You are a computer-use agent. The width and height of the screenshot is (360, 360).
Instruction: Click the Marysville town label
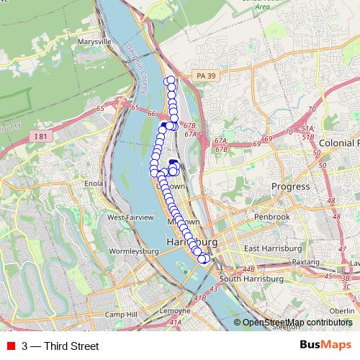coord(94,42)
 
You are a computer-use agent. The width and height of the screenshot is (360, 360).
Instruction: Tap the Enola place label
coord(94,184)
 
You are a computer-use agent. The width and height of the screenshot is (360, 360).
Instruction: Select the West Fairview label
coord(130,217)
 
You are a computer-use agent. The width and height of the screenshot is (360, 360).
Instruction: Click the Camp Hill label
coord(120,315)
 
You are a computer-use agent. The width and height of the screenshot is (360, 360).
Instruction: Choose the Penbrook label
coord(273,217)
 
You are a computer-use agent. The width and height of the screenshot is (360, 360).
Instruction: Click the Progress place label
coord(290,186)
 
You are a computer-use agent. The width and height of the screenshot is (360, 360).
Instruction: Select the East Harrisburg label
coord(271,248)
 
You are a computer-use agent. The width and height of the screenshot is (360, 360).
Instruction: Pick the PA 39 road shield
coord(205,76)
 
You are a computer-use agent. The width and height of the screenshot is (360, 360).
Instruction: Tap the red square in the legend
coord(11,346)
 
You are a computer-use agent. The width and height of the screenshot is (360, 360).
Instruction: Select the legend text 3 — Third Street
coord(60,346)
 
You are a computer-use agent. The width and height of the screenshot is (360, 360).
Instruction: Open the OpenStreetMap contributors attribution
coord(297,323)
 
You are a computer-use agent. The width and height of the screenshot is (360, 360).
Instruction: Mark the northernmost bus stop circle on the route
coord(170,80)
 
